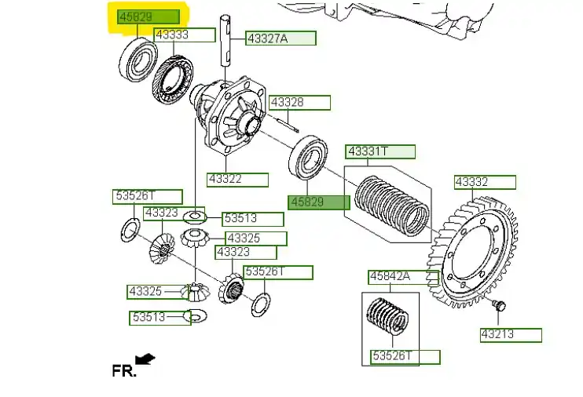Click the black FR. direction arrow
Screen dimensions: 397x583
pos(145,359)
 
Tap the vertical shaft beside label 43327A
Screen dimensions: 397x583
pos(227,47)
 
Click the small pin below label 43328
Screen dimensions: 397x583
pos(287,122)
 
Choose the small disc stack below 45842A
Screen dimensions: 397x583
pos(389,321)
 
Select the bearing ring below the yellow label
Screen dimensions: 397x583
pos(137,57)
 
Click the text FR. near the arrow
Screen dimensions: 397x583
pos(123,370)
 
